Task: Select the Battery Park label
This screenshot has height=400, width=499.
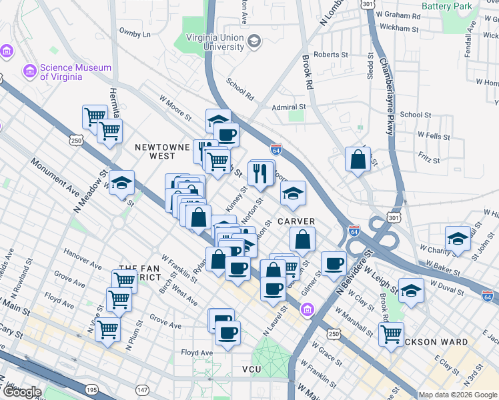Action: click(449, 6)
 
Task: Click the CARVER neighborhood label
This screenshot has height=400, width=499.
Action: click(296, 221)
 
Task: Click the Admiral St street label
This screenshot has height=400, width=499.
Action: click(288, 107)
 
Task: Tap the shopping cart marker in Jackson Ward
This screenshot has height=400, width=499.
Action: click(391, 333)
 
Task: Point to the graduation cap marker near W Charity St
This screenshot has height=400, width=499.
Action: click(458, 239)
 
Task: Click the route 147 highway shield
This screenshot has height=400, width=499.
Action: click(142, 389)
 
